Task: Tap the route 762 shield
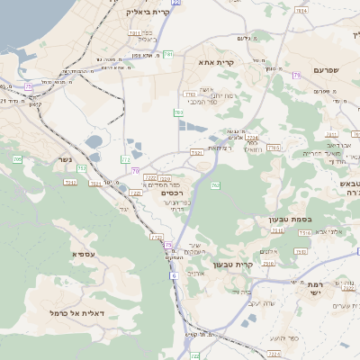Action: pyautogui.click(x=214, y=185)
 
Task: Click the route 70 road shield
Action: pyautogui.click(x=135, y=170)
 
